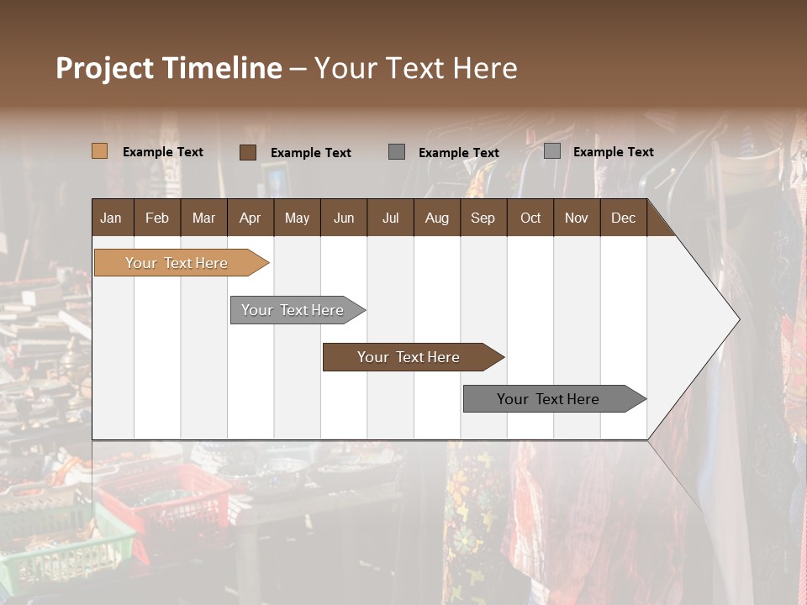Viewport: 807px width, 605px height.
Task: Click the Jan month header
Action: [x=111, y=218]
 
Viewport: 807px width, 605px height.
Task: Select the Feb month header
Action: [x=157, y=218]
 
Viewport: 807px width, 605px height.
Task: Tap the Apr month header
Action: [x=250, y=218]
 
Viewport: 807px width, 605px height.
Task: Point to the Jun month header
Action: [x=344, y=218]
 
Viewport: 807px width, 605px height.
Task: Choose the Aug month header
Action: [x=436, y=218]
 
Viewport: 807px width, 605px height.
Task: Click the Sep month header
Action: [x=483, y=218]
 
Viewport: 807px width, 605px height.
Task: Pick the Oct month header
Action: [x=530, y=218]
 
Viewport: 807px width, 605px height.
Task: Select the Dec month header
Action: [x=623, y=218]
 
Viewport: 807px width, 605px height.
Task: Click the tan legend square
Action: [x=99, y=151]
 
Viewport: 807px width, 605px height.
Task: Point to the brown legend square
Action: [x=247, y=152]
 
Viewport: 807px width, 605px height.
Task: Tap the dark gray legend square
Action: [x=397, y=152]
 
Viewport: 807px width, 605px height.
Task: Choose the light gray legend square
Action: [x=551, y=151]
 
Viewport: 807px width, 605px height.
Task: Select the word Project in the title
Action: [x=105, y=68]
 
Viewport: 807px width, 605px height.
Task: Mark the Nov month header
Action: [x=576, y=218]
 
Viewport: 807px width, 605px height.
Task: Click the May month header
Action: [x=297, y=218]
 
